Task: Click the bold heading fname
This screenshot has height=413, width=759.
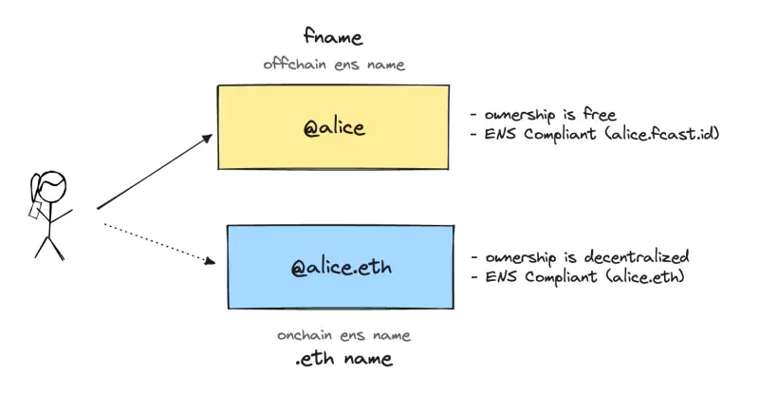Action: point(333,37)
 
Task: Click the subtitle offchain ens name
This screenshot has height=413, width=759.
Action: point(333,65)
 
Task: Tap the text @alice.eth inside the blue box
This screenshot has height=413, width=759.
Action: point(341,269)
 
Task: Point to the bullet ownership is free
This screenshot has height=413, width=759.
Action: point(543,116)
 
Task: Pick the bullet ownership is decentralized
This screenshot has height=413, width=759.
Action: point(579,257)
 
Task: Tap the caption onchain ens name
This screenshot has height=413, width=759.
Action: point(343,336)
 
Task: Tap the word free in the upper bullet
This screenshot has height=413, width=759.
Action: point(600,116)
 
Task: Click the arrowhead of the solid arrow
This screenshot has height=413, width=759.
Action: point(210,138)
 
